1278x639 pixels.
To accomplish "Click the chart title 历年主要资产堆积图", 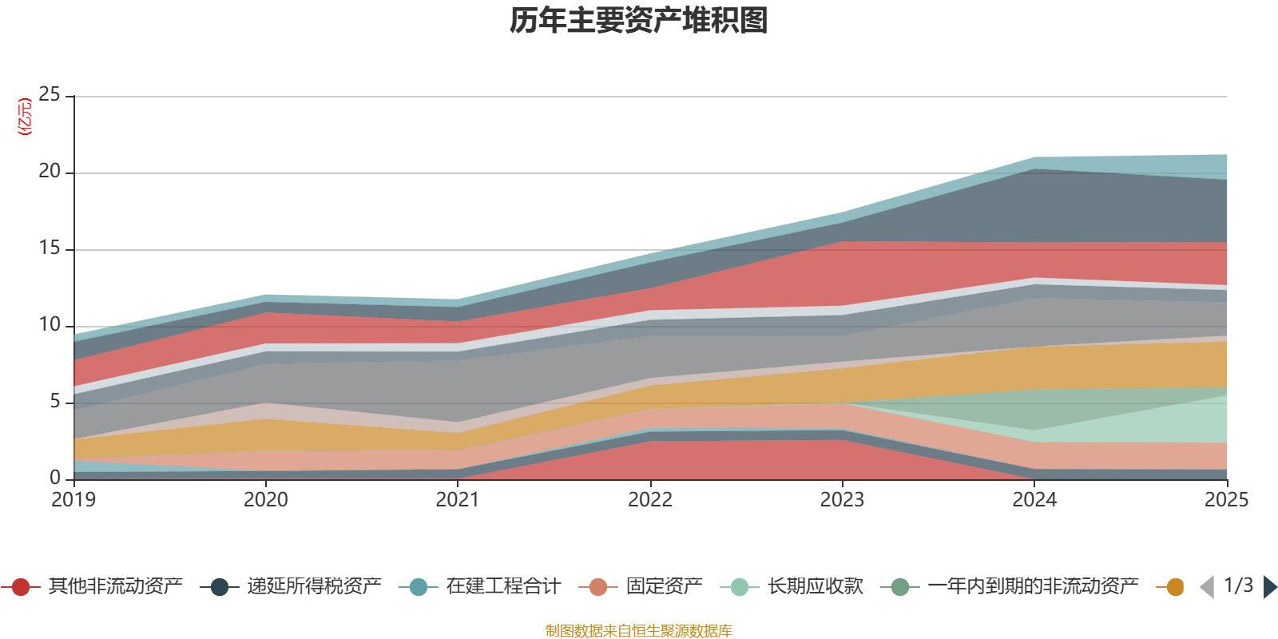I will click(639, 21).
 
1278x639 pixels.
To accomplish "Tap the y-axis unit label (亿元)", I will click(25, 117).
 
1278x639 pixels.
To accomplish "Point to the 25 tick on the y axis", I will click(50, 95).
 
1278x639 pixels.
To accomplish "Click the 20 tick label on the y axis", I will click(50, 172).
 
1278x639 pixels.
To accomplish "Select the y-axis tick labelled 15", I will click(50, 248).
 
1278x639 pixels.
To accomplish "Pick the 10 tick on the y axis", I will click(50, 325).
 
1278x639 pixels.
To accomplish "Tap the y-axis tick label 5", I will click(54, 402).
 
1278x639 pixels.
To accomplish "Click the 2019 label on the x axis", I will click(73, 500).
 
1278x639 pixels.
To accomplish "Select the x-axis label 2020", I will click(266, 500).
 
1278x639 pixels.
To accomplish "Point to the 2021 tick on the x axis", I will click(458, 500).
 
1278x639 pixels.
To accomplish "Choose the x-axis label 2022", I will click(650, 500).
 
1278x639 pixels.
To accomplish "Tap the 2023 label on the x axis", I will click(842, 500).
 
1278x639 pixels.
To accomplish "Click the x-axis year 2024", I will click(1034, 500).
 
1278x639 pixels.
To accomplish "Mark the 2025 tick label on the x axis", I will click(1226, 500).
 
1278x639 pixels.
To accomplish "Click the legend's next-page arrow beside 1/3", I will click(1269, 587).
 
